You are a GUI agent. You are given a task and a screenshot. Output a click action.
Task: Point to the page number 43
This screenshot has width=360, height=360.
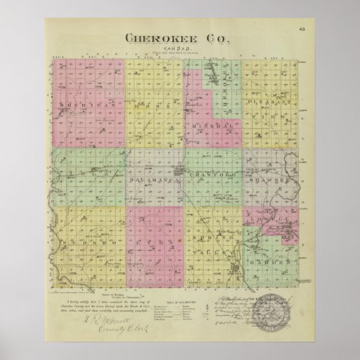pyautogui.click(x=302, y=29)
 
